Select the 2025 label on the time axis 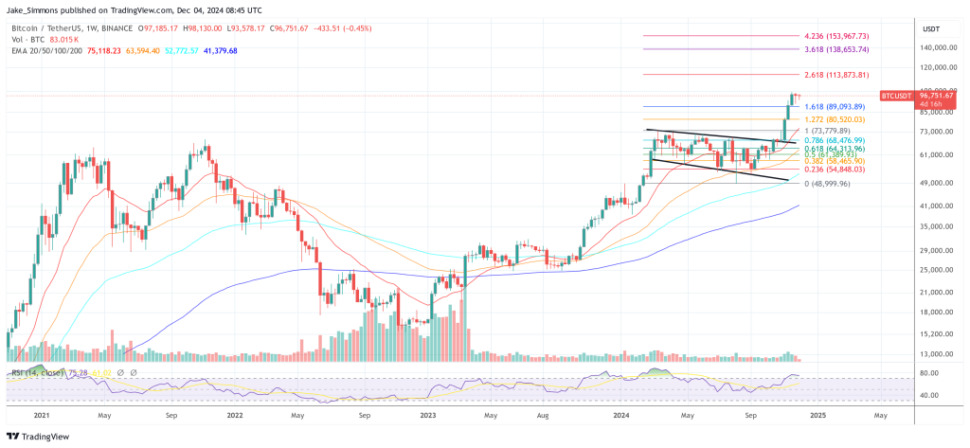click(x=818, y=414)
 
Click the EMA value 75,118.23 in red click(x=106, y=51)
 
